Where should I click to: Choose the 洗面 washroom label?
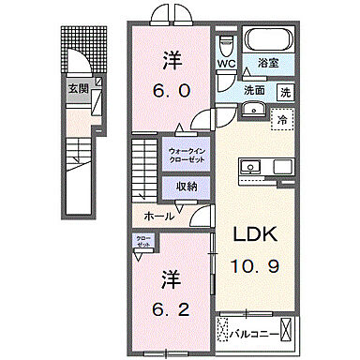(x=255, y=91)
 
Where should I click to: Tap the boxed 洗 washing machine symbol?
(x=286, y=91)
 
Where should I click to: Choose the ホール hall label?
(x=157, y=215)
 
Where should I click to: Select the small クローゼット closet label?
(x=143, y=241)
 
